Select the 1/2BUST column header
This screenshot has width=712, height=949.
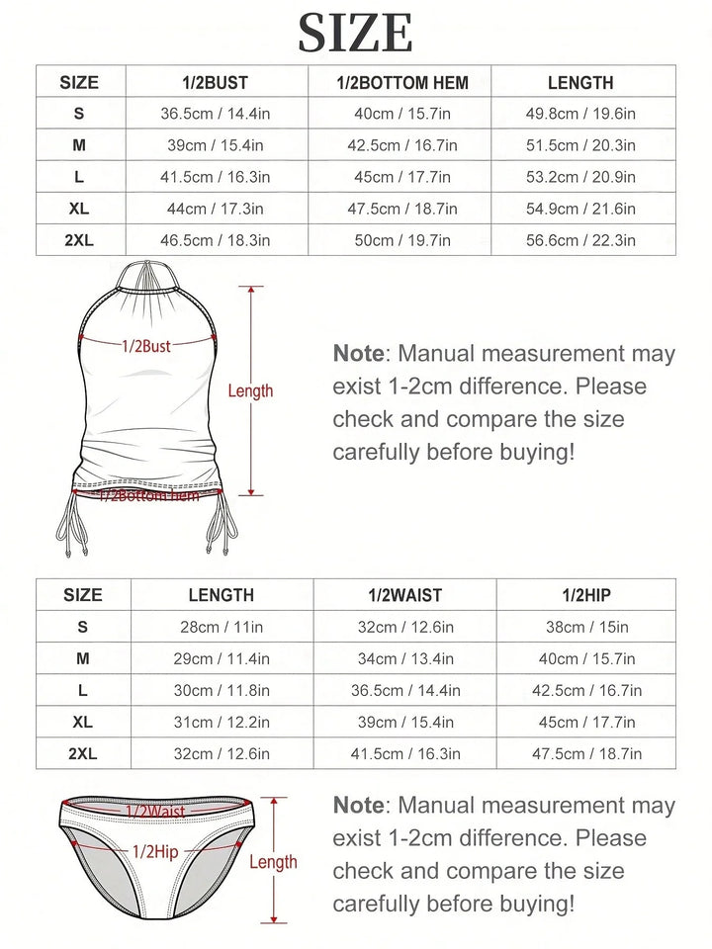216,83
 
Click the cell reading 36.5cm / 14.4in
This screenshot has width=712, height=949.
216,114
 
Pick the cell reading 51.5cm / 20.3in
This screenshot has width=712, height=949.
580,145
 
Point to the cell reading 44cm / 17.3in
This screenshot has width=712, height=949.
216,209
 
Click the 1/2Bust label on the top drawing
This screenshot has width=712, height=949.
146,346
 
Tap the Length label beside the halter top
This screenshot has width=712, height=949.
250,391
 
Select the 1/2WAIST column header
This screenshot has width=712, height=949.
404,595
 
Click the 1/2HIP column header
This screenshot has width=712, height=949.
586,595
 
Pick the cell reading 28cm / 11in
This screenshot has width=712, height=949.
222,627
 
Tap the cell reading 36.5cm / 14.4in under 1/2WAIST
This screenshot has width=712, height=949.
404,690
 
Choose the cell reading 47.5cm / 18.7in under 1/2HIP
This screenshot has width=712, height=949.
586,753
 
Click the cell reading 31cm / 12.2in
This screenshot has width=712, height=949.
222,722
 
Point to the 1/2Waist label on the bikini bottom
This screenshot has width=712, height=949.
155,812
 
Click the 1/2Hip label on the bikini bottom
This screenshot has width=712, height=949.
155,850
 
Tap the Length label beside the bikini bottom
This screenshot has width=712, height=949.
273,862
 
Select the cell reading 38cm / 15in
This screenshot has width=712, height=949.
586,627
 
